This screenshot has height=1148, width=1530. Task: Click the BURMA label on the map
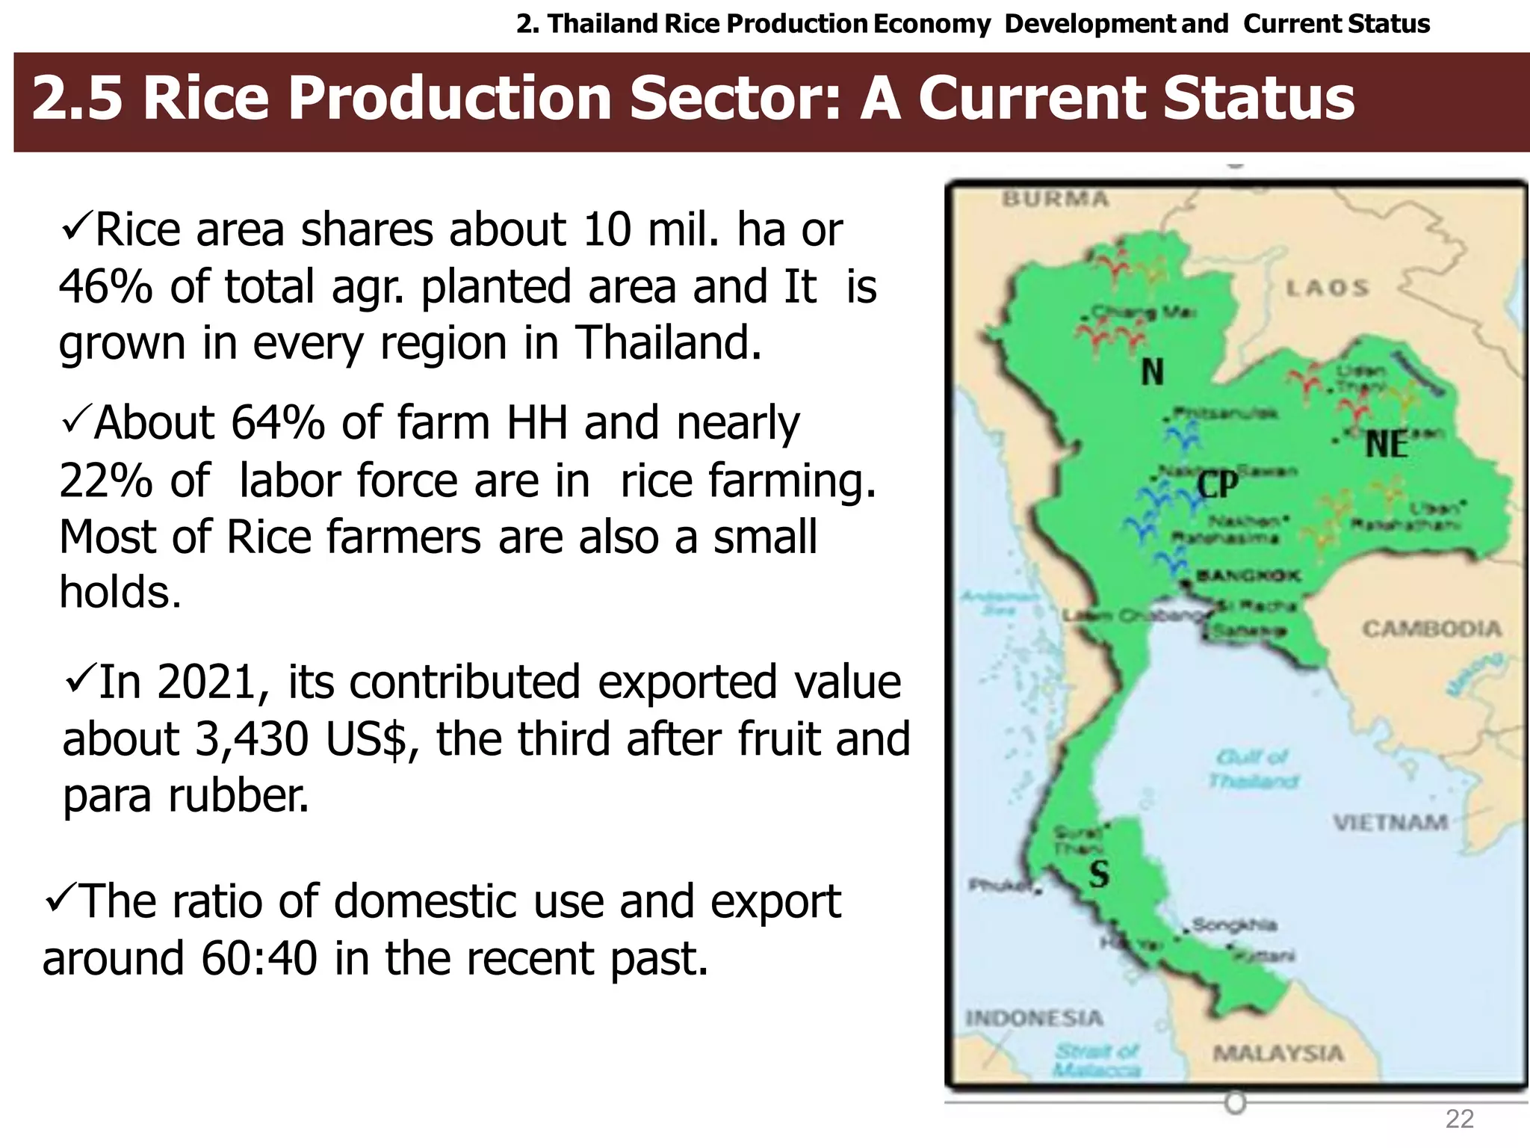[1055, 199]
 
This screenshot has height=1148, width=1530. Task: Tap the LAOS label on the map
[1328, 288]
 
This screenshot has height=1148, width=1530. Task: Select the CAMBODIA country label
[1431, 629]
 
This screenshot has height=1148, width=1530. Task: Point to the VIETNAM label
[1390, 823]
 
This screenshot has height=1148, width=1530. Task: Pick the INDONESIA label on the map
[1034, 1018]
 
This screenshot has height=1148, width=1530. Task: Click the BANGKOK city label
[1248, 575]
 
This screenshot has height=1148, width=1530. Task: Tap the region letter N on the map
[1152, 371]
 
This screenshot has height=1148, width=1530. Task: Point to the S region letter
[1098, 873]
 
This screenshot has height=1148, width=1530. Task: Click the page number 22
[1459, 1119]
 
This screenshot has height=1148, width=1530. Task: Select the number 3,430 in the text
[252, 738]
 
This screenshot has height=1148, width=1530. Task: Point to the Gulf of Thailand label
[1254, 769]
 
